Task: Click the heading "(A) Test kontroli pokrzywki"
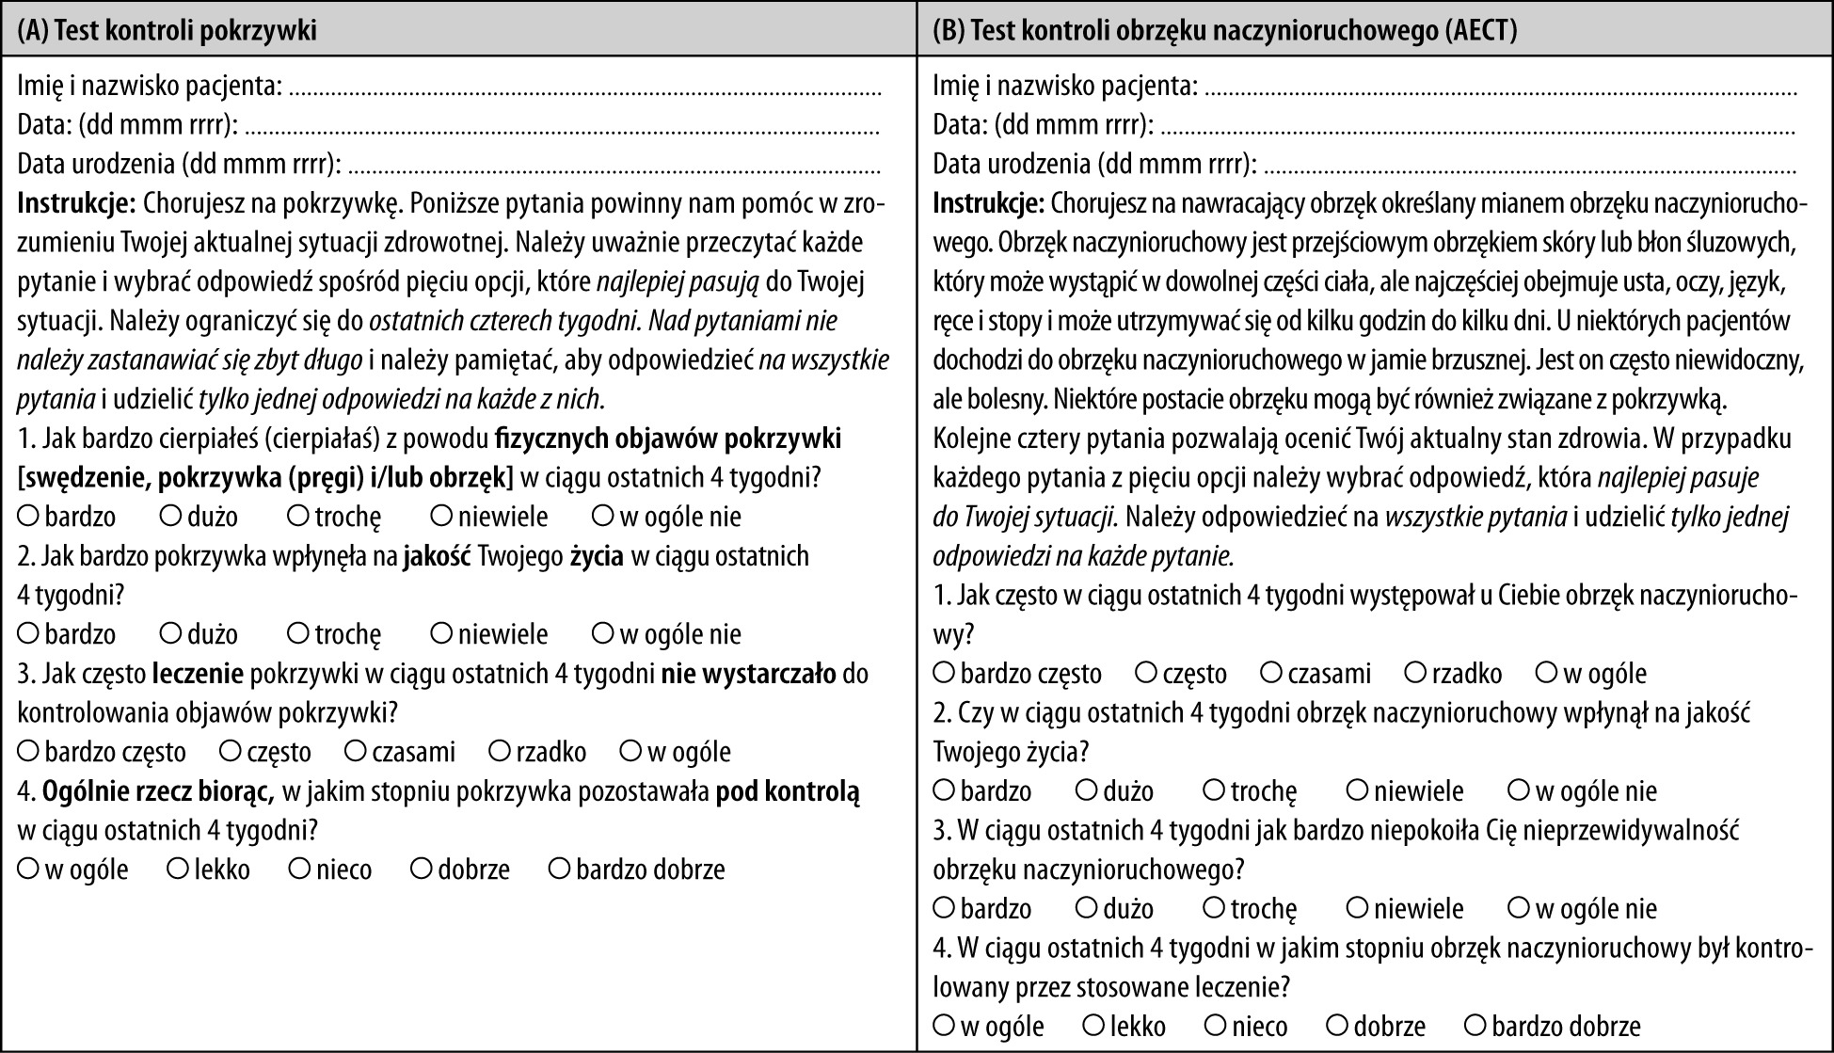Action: click(x=167, y=31)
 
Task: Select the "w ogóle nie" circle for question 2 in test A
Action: click(x=603, y=633)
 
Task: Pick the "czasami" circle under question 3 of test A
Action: click(x=356, y=751)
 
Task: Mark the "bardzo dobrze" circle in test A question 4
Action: click(x=560, y=869)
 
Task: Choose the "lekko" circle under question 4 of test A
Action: click(x=178, y=869)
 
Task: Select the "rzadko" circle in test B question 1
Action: click(x=1416, y=673)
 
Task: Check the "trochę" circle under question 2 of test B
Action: click(x=1215, y=790)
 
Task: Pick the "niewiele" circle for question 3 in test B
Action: click(x=1358, y=908)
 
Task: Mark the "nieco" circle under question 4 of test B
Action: click(x=1217, y=1025)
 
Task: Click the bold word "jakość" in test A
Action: click(x=438, y=556)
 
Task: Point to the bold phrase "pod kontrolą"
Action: click(x=788, y=791)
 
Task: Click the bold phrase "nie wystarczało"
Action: click(x=748, y=674)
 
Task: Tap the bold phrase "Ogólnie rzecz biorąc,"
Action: click(x=158, y=791)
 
